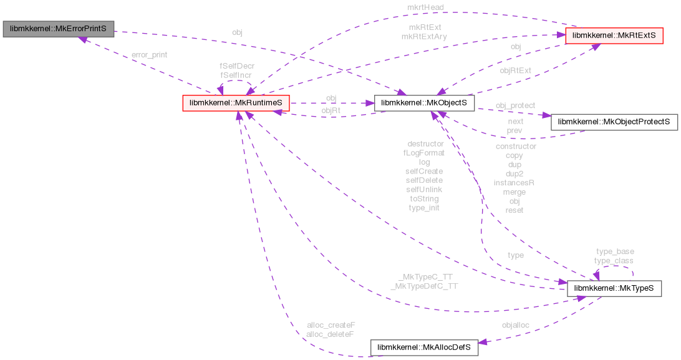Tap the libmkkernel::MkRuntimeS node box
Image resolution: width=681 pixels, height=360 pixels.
point(236,103)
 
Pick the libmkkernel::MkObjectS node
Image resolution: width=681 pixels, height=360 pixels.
point(424,103)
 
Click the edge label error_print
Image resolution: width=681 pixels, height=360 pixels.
point(149,55)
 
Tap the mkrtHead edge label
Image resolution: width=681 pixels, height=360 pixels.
point(426,7)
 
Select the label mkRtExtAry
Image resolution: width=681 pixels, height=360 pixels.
point(423,37)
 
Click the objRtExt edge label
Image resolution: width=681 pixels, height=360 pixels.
point(516,71)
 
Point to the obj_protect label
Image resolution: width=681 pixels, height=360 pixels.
point(515,105)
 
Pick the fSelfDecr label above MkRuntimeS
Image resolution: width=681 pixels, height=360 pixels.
point(237,66)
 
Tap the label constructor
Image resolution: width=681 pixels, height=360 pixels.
point(516,146)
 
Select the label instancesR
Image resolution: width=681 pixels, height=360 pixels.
point(514,183)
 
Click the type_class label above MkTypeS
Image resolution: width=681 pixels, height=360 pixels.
point(614,261)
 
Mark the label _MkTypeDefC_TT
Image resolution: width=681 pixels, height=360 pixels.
point(424,286)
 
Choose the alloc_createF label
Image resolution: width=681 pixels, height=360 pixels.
point(331,325)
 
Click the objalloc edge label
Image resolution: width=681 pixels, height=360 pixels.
point(516,325)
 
